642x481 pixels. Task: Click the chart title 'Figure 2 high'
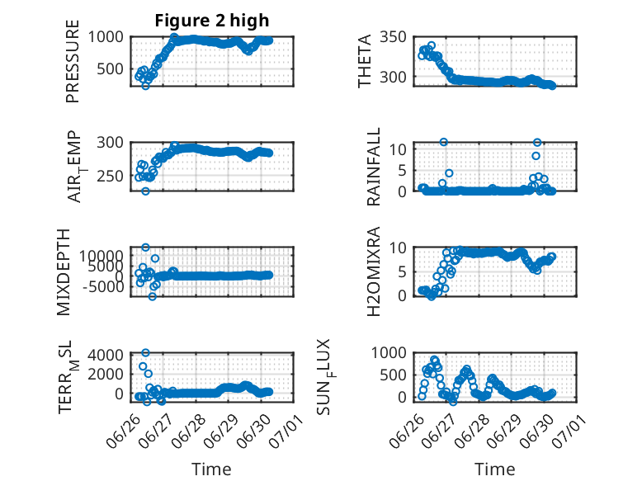tap(212, 21)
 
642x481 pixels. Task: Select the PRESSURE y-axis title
tap(72, 61)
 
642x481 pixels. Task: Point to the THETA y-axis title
tap(364, 61)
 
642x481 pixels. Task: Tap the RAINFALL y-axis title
tap(374, 167)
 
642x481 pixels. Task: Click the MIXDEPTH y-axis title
tap(64, 271)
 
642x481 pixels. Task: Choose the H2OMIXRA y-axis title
tap(374, 271)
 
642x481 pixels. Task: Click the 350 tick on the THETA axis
tap(393, 37)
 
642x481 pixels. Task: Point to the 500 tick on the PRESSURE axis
tap(110, 68)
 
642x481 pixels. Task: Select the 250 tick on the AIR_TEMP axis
tap(110, 177)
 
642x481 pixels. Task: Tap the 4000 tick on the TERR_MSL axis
tap(106, 355)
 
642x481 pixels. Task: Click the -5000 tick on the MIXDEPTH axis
tap(103, 286)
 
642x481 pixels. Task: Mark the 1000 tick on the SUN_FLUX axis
tap(389, 352)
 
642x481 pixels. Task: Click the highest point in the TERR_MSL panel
tap(145, 352)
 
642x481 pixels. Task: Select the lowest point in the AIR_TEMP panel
tap(145, 191)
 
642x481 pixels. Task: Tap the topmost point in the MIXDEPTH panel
tap(145, 248)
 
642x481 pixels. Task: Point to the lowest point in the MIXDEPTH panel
tap(153, 296)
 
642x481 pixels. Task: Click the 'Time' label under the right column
tap(494, 469)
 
